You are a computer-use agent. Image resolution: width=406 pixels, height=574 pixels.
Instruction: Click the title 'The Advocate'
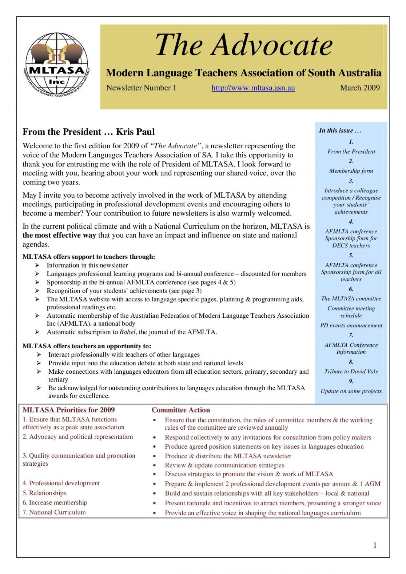tap(244, 45)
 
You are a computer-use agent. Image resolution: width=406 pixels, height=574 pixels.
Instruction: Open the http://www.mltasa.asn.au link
tap(253, 88)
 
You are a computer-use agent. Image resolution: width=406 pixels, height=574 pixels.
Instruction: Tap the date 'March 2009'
tap(360, 88)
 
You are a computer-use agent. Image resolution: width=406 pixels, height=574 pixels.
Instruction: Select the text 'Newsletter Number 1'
tap(141, 88)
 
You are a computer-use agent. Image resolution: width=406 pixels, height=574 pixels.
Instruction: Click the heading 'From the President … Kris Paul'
tap(89, 132)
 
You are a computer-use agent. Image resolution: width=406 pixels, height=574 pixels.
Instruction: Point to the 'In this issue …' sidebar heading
tap(340, 131)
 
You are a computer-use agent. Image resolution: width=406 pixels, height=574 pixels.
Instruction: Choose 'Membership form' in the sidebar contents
tap(351, 171)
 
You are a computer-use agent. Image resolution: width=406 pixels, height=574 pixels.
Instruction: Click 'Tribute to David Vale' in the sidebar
tap(351, 372)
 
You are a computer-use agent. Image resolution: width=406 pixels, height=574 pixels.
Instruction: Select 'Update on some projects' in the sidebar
tap(351, 391)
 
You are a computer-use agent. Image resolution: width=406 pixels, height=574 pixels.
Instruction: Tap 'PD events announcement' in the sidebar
tap(351, 325)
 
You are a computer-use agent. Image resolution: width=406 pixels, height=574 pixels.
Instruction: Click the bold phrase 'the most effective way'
tap(59, 236)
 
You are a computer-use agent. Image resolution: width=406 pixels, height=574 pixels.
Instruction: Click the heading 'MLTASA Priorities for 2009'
tap(69, 410)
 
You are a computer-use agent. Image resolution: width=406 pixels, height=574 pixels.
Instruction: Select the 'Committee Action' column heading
tap(181, 410)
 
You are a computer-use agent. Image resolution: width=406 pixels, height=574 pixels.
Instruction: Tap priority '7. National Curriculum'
tap(54, 512)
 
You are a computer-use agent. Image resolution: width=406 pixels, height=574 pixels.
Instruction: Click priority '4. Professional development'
tap(61, 483)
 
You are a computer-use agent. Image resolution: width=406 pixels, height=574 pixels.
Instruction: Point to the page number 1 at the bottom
tap(375, 545)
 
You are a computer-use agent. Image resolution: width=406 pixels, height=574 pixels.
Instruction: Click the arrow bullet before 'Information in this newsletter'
tap(37, 265)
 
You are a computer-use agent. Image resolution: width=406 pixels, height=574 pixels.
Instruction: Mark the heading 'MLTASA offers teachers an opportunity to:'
tap(87, 346)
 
